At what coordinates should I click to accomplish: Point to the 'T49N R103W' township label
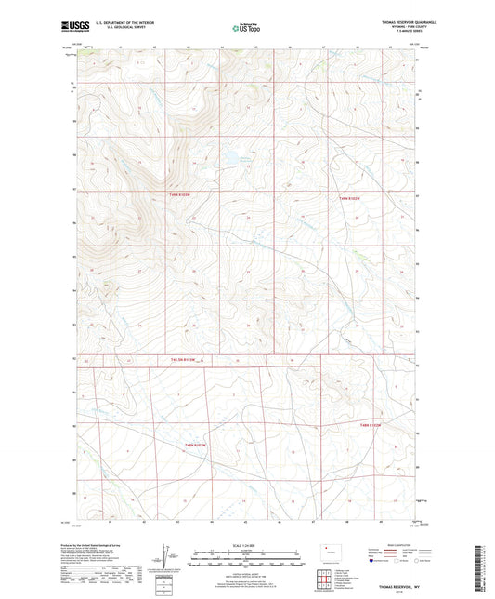[x=182, y=194]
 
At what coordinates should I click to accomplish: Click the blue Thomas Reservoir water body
[x=228, y=160]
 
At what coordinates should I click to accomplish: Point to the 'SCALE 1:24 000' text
[x=246, y=545]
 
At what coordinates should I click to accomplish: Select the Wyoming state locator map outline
[x=331, y=553]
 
